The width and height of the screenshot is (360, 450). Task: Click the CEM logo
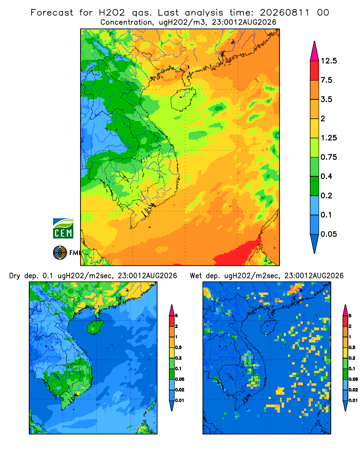(63, 228)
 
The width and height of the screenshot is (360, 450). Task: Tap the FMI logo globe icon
(60, 252)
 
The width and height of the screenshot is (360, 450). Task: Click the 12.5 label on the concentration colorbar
(329, 61)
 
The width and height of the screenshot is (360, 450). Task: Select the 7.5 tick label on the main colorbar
(326, 80)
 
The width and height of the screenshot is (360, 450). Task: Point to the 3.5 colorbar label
(326, 99)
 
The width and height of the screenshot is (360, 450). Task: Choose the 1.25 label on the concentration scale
(329, 138)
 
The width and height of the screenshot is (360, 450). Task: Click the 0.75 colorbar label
(329, 157)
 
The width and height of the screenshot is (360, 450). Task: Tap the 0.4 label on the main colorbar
(326, 176)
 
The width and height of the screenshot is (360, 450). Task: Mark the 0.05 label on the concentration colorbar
(329, 234)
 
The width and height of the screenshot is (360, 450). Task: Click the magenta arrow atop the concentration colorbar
(315, 52)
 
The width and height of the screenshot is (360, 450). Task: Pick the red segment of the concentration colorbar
(315, 71)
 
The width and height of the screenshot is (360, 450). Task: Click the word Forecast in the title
(52, 13)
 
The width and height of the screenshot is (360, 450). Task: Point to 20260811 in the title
(285, 13)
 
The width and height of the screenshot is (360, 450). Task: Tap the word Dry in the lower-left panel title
(15, 276)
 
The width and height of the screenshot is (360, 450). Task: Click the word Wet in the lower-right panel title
(196, 276)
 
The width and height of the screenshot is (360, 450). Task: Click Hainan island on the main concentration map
(183, 99)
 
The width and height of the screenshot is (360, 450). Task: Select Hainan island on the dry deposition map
(95, 327)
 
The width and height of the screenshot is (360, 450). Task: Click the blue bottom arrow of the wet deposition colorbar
(345, 406)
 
